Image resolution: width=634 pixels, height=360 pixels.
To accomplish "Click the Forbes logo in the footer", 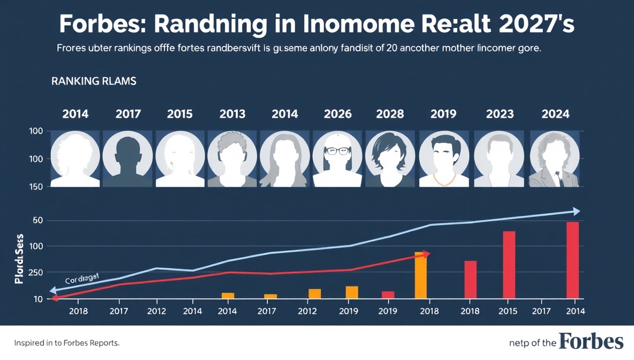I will tap(591, 341).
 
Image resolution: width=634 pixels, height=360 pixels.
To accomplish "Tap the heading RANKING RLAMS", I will tap(94, 81).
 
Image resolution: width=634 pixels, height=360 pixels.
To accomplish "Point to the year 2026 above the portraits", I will tap(338, 114).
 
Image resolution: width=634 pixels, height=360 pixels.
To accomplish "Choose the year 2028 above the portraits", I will tap(390, 114).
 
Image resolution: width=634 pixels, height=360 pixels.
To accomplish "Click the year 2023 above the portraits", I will tap(500, 114).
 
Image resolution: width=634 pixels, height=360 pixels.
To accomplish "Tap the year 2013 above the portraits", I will tap(232, 114).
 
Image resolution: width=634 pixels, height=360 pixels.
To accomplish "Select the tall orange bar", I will tap(421, 275).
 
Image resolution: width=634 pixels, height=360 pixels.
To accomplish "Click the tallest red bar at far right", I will tap(572, 260).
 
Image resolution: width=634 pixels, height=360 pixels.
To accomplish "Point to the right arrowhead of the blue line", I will tap(576, 211).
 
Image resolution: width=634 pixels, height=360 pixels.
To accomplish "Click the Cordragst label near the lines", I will tap(82, 279).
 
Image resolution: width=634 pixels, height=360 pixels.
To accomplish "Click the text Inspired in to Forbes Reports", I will tap(66, 342).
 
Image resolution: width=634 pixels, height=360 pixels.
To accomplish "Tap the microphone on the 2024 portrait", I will tap(557, 175).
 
